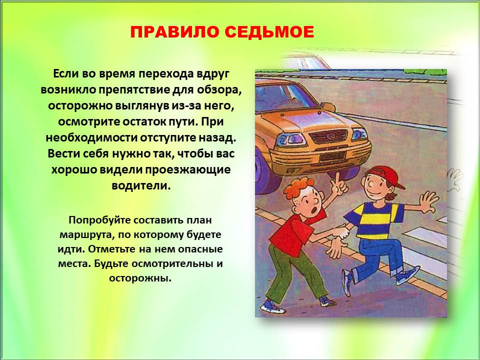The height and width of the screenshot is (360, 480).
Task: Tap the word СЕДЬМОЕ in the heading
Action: [x=269, y=32]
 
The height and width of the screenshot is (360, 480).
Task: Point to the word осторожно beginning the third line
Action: [x=79, y=106]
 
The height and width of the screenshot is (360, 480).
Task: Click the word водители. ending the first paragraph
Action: [x=141, y=185]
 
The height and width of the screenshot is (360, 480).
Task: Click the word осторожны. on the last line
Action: [x=140, y=278]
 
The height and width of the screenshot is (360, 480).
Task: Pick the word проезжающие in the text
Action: [x=187, y=170]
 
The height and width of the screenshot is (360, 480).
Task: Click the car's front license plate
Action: [x=332, y=156]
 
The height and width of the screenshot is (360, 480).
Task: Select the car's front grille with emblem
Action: [x=328, y=136]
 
